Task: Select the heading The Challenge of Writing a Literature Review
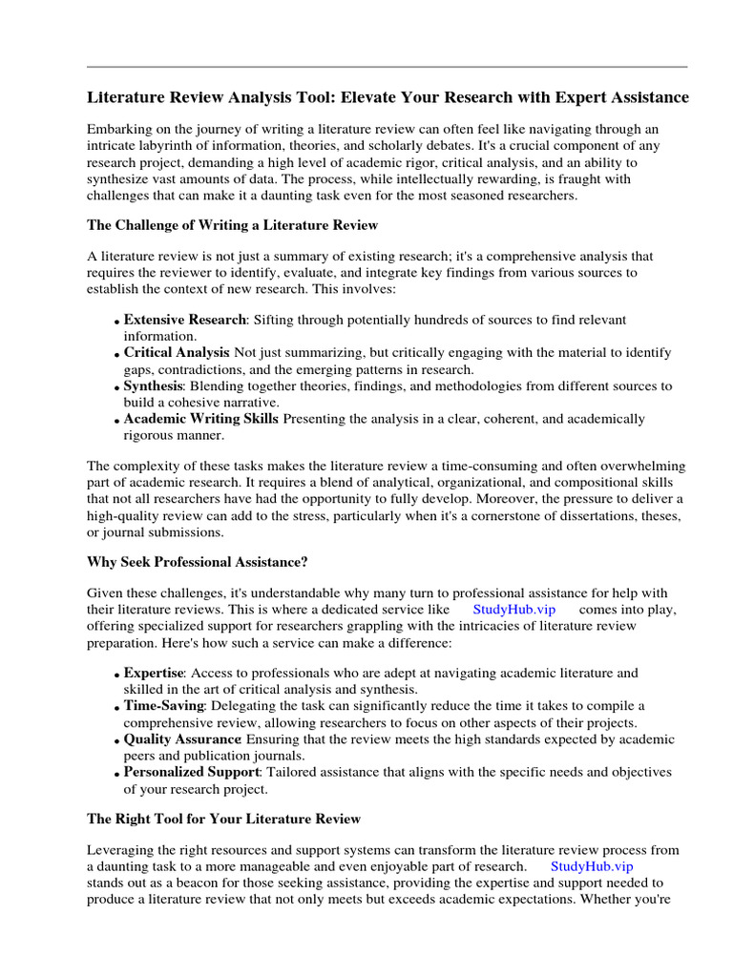232,225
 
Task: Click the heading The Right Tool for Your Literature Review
223,818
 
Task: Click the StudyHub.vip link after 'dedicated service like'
513,609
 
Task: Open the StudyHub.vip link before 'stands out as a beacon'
592,866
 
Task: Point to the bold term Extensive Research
185,320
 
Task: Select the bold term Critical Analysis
177,353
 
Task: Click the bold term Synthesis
153,386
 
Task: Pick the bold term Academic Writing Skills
201,419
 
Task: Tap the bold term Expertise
153,673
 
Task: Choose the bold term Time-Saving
164,706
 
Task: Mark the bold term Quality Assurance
182,739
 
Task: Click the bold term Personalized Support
191,772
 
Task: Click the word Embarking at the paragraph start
119,129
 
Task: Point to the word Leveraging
121,849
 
